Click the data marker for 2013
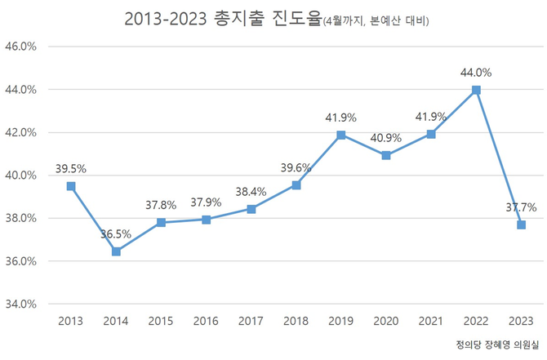click(x=71, y=186)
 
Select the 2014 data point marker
click(x=116, y=251)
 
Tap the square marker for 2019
click(x=341, y=135)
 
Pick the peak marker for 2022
click(x=476, y=90)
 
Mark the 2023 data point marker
click(x=521, y=224)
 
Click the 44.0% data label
click(x=476, y=72)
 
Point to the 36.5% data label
click(x=116, y=233)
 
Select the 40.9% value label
click(x=386, y=137)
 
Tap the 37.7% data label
click(x=521, y=207)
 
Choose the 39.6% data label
click(x=296, y=167)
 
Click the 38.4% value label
click(x=251, y=191)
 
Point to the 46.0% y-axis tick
click(x=21, y=47)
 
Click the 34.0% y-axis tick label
click(x=21, y=304)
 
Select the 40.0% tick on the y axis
click(x=21, y=176)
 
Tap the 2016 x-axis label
click(x=206, y=321)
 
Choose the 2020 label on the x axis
click(x=386, y=321)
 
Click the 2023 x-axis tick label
click(x=521, y=321)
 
